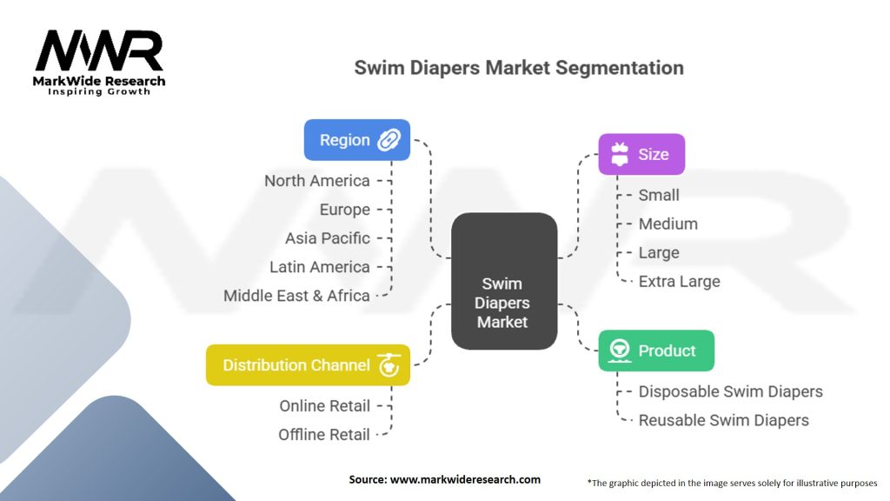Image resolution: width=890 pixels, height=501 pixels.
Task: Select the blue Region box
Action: point(357,140)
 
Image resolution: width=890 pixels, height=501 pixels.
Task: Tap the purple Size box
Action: point(641,154)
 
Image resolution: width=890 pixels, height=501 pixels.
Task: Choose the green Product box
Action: point(656,351)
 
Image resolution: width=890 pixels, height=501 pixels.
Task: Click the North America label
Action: point(317,181)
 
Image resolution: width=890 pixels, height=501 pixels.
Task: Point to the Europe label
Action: point(344,210)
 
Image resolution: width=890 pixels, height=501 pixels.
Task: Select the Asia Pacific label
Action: point(328,238)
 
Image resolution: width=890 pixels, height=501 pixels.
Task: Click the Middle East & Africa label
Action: point(296,296)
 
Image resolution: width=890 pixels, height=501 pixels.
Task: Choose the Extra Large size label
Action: point(679,281)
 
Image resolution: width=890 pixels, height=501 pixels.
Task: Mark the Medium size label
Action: point(667,224)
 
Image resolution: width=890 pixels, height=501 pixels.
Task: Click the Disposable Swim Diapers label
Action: point(730,391)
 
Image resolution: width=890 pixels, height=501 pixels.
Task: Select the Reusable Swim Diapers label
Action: point(723,420)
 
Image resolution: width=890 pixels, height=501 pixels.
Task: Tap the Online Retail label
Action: point(324,405)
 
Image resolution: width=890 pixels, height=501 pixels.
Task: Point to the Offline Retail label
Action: point(323,434)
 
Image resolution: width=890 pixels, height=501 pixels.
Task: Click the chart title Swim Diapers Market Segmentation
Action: point(519,68)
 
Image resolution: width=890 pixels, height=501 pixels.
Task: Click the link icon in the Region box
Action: point(389,140)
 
